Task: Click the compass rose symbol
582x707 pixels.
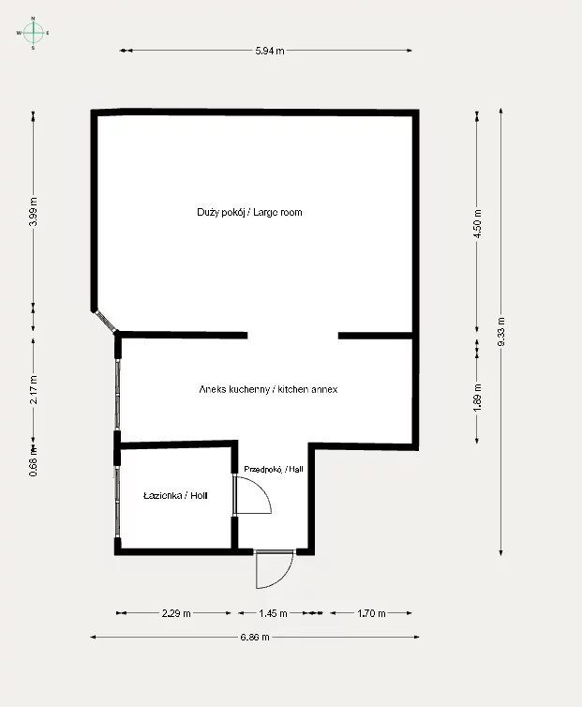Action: pos(33,33)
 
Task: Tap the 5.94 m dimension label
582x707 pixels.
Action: pos(270,51)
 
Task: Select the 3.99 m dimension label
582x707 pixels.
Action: pos(33,212)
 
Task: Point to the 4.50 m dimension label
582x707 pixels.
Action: pos(478,223)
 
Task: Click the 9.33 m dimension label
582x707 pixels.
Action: pos(501,332)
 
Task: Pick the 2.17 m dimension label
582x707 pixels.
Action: pos(33,389)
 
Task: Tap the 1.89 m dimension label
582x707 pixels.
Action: pos(478,397)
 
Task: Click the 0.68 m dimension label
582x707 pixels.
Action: pos(33,461)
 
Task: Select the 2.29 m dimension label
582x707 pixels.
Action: pos(176,613)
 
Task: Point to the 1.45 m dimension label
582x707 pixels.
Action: pos(273,613)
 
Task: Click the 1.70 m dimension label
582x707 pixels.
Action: pos(371,613)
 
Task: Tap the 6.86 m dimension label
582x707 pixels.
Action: pos(255,637)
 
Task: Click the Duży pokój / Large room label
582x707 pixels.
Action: pos(249,212)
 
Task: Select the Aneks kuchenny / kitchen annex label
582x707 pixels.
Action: pos(268,389)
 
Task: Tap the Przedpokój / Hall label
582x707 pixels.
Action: pos(273,469)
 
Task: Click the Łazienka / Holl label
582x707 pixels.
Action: pos(175,495)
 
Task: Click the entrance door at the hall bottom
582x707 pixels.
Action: pos(274,569)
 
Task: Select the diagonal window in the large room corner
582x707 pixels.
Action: pos(105,321)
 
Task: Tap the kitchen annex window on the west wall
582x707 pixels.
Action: pos(118,395)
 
